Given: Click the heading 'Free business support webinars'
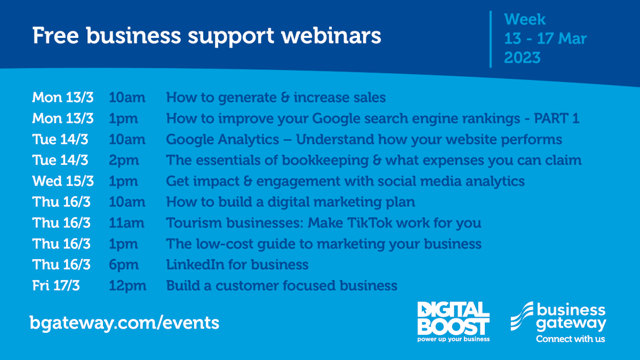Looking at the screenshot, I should click(x=206, y=36).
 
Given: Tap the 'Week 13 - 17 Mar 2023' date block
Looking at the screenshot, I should click(x=545, y=38).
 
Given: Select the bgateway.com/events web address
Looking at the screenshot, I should click(x=124, y=322).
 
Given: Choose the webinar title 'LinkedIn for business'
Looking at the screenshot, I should click(x=237, y=265).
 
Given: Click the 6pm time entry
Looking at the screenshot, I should click(x=124, y=265).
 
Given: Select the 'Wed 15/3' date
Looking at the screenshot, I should click(x=63, y=181).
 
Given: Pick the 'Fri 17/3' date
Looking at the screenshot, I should click(x=55, y=285).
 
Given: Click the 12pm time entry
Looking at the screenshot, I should click(x=127, y=285).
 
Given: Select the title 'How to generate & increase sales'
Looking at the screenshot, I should click(x=276, y=98).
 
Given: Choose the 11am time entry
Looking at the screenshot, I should click(x=126, y=223).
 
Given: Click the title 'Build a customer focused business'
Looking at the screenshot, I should click(x=282, y=285).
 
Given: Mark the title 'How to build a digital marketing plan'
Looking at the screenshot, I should click(x=291, y=202).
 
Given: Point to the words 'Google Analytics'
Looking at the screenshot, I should click(x=222, y=139).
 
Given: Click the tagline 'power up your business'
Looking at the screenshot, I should click(x=453, y=339).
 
